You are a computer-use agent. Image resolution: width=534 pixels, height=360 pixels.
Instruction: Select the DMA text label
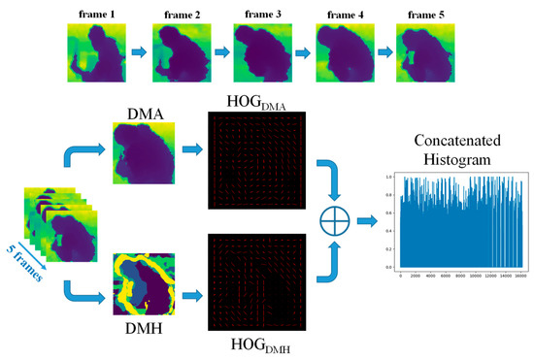[143, 115]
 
